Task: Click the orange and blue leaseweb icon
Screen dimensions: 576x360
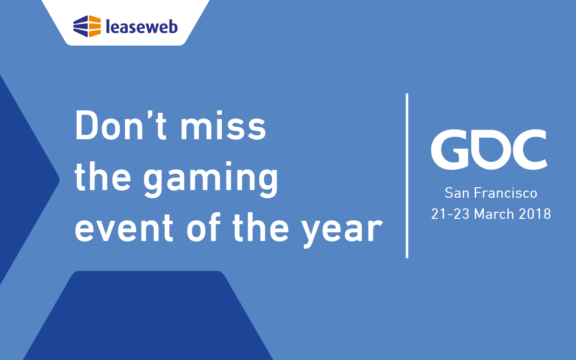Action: pyautogui.click(x=87, y=26)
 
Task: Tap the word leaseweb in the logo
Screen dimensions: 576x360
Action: pyautogui.click(x=142, y=26)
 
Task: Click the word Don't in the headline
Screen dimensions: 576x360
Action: pyautogui.click(x=120, y=125)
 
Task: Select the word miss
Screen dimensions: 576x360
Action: pyautogui.click(x=223, y=125)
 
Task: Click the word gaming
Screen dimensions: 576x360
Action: pyautogui.click(x=211, y=180)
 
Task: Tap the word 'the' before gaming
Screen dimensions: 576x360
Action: pyautogui.click(x=103, y=176)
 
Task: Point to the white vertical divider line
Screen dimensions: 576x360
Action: pyautogui.click(x=407, y=176)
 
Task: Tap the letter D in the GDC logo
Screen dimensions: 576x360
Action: pyautogui.click(x=490, y=150)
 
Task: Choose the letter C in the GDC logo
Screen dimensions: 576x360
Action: pyautogui.click(x=530, y=149)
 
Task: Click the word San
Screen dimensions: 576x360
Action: pyautogui.click(x=458, y=193)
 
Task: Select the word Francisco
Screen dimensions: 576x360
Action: pyautogui.click(x=505, y=193)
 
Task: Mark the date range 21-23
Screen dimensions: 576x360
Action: pyautogui.click(x=450, y=214)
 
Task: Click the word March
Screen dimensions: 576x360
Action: pyautogui.click(x=494, y=214)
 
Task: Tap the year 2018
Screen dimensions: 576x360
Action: pyautogui.click(x=535, y=214)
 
